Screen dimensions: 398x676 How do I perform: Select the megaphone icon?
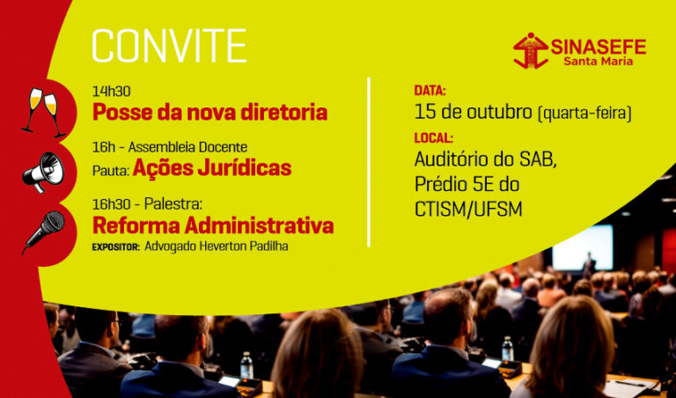point(43,171)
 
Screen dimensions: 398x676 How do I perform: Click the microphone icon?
point(43,230)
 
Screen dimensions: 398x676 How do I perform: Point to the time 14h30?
point(112,92)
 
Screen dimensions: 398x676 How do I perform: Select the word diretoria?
point(282,113)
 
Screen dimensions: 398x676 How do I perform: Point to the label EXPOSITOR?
point(115,247)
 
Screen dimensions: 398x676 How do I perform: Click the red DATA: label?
point(430,91)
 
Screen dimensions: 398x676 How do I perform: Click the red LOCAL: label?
point(433,137)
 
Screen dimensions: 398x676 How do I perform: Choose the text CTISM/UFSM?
point(468,209)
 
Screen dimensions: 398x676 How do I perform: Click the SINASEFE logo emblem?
point(530,50)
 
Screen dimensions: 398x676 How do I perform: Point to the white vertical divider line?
point(369,161)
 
